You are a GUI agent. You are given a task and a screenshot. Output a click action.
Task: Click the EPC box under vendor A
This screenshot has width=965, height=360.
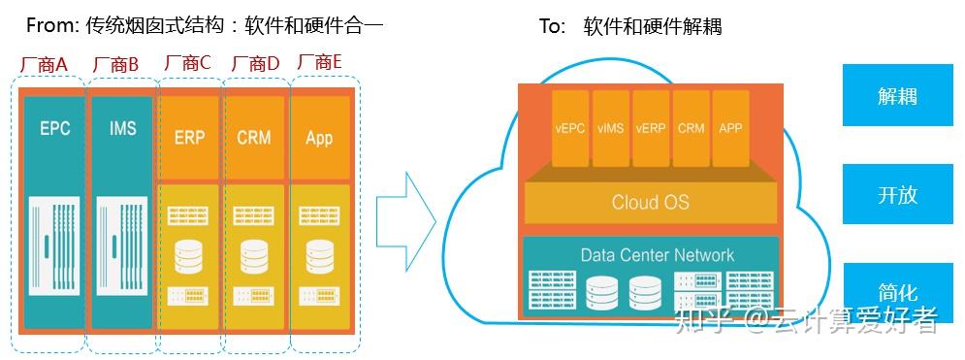coord(54,129)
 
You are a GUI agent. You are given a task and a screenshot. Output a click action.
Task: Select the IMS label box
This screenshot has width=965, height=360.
coord(122,129)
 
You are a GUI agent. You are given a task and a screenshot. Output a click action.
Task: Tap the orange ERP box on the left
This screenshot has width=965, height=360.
coord(189,137)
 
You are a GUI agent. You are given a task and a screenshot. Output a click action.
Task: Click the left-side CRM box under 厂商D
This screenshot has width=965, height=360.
coord(253,137)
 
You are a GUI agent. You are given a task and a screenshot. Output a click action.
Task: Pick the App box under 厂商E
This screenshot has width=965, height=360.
coord(319,137)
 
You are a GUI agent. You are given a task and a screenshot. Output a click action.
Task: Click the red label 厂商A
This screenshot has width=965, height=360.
coord(45,64)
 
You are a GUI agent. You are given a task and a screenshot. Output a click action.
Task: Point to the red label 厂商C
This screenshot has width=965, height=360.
coord(187,62)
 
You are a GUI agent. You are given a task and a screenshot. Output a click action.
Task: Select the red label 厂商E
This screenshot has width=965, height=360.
coord(320,62)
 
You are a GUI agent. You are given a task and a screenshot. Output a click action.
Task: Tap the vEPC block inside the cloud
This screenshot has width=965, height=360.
coord(570,127)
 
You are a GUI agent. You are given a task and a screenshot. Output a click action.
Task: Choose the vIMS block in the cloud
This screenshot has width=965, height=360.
coord(611,127)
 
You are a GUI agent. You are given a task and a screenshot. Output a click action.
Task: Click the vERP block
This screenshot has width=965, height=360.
coord(651,127)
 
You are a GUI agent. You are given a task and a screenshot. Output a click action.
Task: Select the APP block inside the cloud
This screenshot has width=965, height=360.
coord(730,127)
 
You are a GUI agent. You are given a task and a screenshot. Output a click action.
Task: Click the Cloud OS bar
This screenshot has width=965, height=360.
coord(650,203)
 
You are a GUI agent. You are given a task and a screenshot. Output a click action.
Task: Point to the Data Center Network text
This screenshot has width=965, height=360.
coord(657,255)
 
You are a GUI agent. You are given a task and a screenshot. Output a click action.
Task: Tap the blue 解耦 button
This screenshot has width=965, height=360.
coord(897,96)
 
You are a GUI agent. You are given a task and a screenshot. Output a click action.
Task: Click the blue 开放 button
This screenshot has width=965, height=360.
coord(897,194)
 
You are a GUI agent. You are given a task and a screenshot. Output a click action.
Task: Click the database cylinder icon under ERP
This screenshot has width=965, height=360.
coord(189,255)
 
